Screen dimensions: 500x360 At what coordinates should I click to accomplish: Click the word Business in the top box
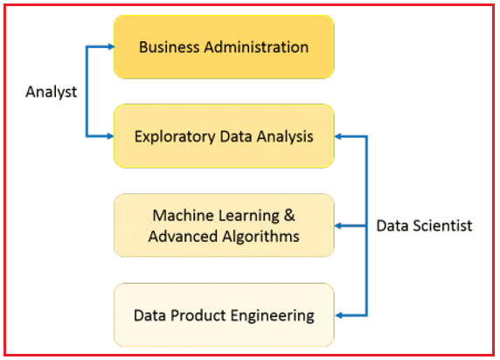[170, 47]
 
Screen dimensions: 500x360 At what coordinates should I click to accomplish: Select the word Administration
[256, 47]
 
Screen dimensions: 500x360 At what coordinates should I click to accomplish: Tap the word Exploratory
[175, 137]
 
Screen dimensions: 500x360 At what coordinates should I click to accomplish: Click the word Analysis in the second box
[285, 137]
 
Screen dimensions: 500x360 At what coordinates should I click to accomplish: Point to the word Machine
[183, 216]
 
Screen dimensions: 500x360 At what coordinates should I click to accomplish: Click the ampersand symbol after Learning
[289, 216]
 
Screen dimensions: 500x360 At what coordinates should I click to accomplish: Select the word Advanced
[183, 237]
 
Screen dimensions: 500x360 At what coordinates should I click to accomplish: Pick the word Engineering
[273, 316]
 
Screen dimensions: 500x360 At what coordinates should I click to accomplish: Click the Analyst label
[52, 92]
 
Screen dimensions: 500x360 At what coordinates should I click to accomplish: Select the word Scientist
[442, 225]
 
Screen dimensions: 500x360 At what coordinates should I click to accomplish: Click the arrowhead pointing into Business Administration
[111, 47]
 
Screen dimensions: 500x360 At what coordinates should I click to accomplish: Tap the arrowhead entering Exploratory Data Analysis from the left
[110, 136]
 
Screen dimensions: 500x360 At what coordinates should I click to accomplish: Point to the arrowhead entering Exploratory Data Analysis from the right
[338, 136]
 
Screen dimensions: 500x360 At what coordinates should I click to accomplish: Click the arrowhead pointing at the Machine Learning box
[338, 225]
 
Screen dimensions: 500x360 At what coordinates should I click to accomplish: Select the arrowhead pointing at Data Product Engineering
[339, 315]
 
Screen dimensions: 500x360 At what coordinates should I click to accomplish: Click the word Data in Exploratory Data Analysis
[236, 136]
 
